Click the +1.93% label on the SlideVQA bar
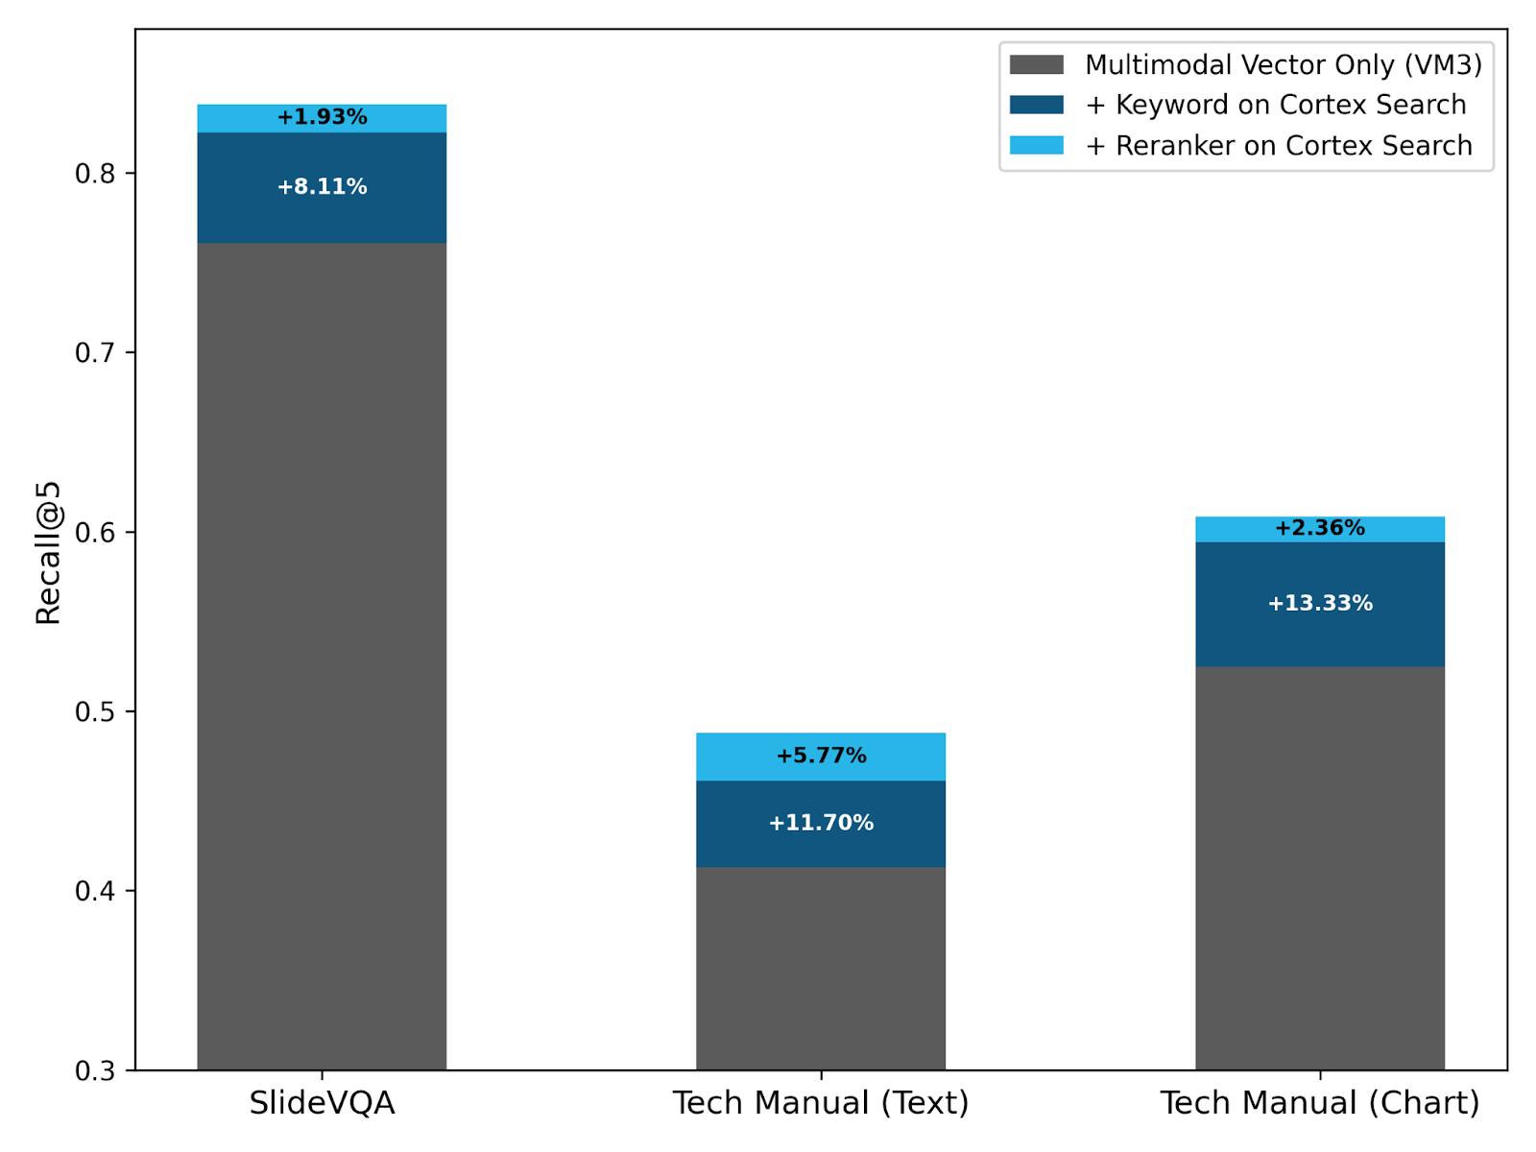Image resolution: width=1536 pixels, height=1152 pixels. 322,117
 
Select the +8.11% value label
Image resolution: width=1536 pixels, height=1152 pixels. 322,186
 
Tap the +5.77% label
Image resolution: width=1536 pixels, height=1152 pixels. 821,756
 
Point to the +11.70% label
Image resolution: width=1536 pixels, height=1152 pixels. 821,823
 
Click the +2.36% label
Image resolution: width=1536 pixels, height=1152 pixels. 1319,528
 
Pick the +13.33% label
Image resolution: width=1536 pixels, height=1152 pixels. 1319,603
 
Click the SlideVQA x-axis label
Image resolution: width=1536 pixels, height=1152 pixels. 322,1103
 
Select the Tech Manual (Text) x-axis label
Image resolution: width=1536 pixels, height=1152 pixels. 821,1103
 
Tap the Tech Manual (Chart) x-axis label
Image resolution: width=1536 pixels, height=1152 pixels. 1319,1103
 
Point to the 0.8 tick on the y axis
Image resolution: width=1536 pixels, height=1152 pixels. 95,174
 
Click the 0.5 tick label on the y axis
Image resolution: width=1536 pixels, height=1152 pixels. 95,711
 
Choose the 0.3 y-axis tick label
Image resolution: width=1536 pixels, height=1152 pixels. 95,1070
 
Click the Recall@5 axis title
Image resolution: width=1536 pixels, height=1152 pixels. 48,552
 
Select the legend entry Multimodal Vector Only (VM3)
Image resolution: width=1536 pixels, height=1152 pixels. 1283,64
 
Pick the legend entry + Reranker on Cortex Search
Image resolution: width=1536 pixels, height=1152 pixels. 1278,146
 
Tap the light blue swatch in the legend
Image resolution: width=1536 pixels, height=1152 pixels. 1037,146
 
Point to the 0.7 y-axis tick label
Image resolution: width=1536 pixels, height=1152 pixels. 95,353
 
